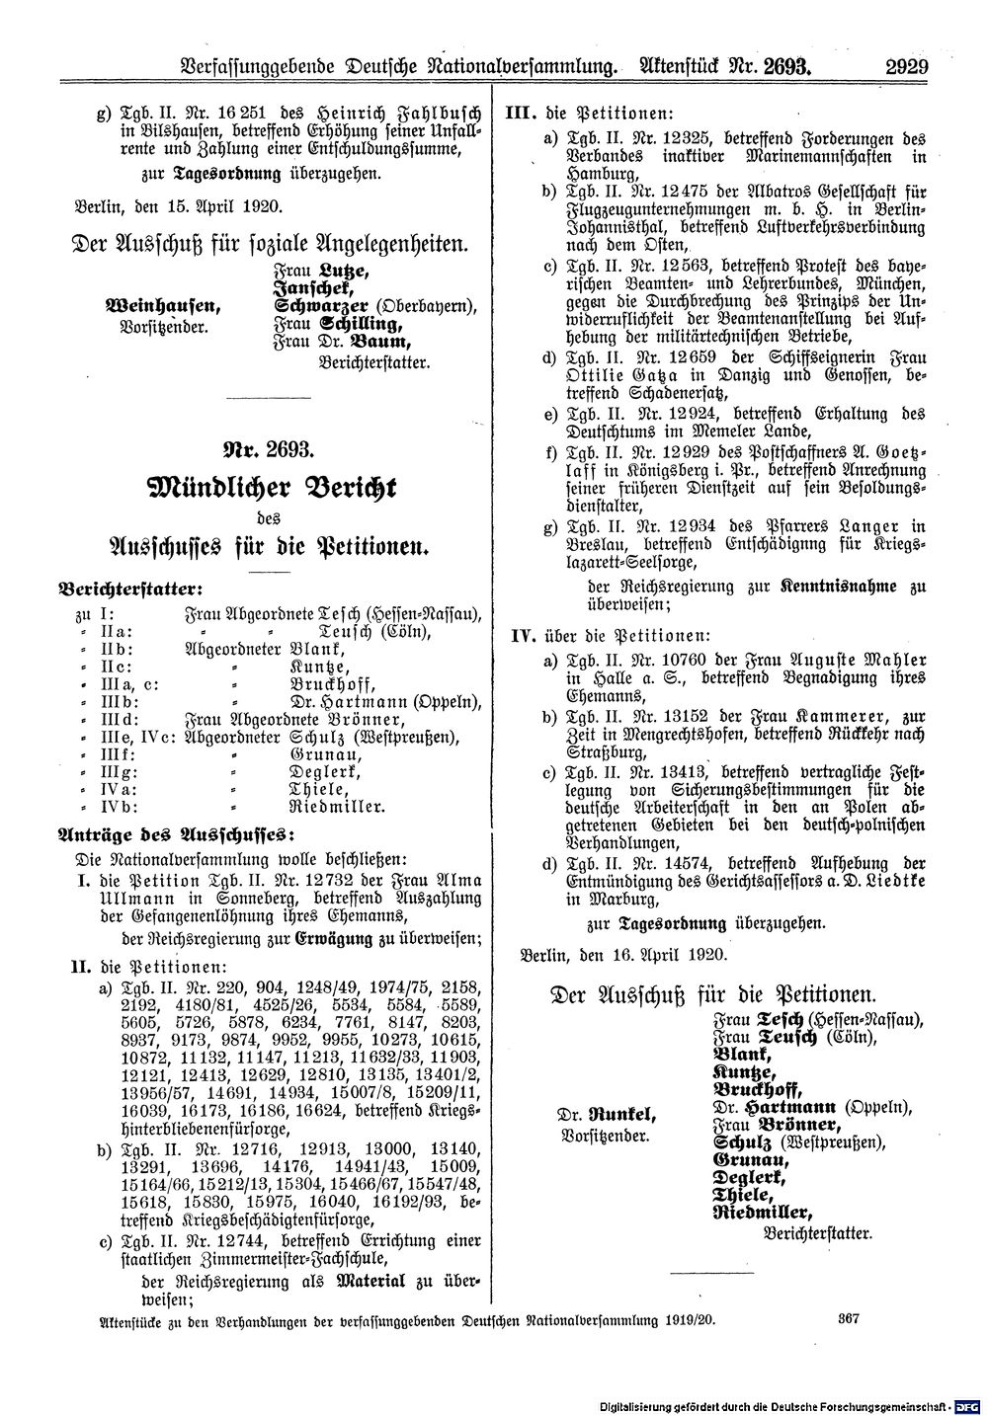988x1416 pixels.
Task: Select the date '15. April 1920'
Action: click(x=219, y=207)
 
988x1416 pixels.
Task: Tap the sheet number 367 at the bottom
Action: click(x=851, y=1319)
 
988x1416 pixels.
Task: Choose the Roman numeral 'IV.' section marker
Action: click(x=520, y=635)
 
